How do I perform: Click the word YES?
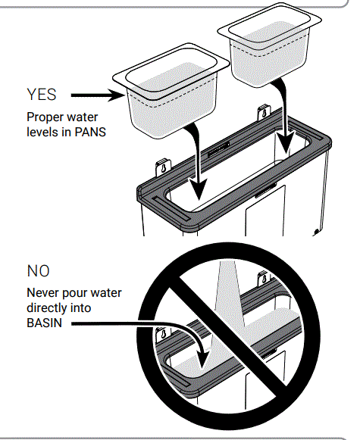41,95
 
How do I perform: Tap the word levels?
42,131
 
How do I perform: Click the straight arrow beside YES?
90,95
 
